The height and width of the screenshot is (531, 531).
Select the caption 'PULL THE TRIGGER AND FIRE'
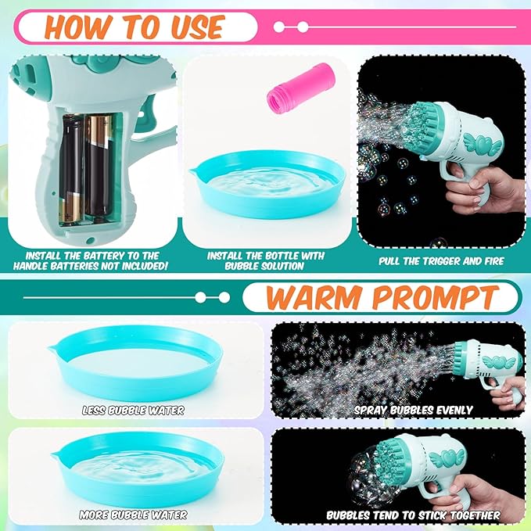(x=441, y=261)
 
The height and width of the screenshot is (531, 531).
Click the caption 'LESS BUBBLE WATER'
(x=134, y=410)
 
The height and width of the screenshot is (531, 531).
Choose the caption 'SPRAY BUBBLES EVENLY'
(x=413, y=410)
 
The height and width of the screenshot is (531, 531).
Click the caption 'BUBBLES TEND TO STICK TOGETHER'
(x=413, y=515)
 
